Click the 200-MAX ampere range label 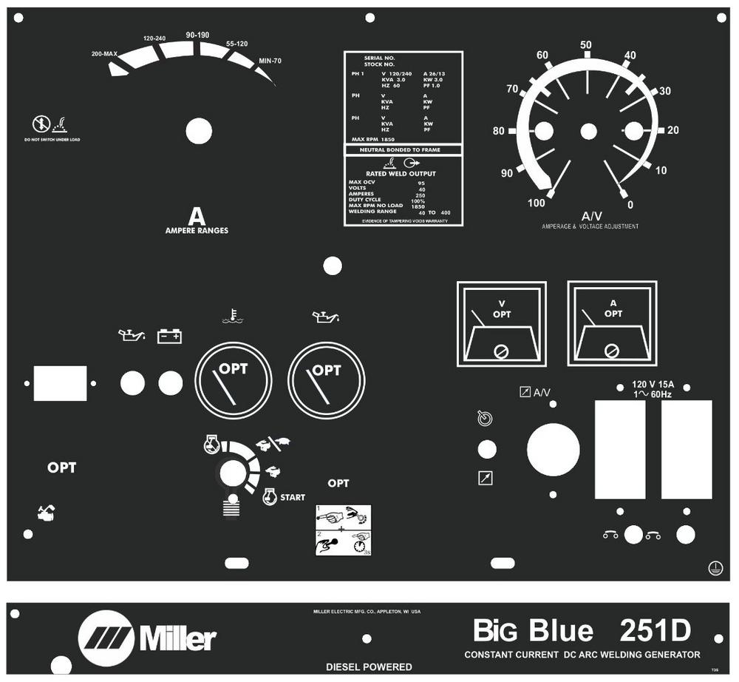[105, 54]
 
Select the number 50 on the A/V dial [586, 45]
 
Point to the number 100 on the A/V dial [537, 203]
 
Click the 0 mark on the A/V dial [630, 204]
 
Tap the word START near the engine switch [292, 498]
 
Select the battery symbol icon [169, 337]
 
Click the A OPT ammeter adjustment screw [611, 351]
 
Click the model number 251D [655, 631]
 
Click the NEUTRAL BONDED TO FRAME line [403, 149]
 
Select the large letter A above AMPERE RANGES [196, 217]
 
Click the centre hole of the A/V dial [588, 132]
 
